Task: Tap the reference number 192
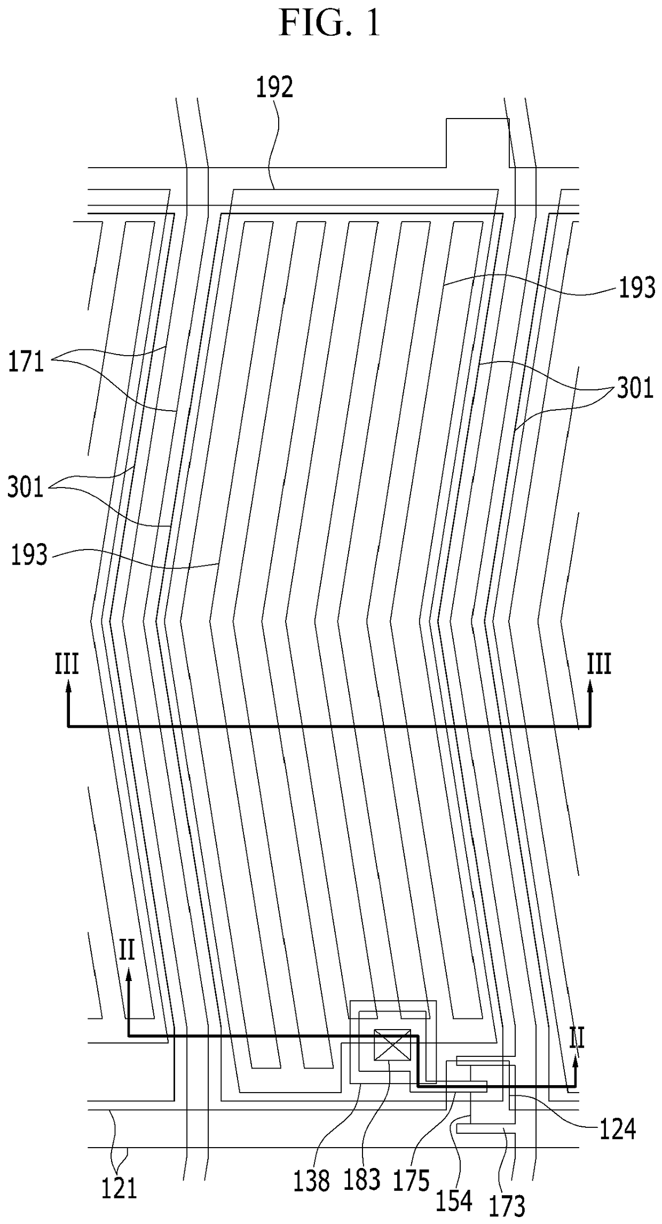[x=274, y=88]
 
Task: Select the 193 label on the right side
[x=636, y=289]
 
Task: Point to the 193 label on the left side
[x=29, y=555]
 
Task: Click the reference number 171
[x=26, y=363]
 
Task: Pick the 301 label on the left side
[x=26, y=488]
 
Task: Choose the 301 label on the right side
[x=635, y=389]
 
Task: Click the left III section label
[x=67, y=665]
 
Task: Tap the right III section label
[x=599, y=665]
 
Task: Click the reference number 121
[x=120, y=1189]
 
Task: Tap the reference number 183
[x=362, y=1180]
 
